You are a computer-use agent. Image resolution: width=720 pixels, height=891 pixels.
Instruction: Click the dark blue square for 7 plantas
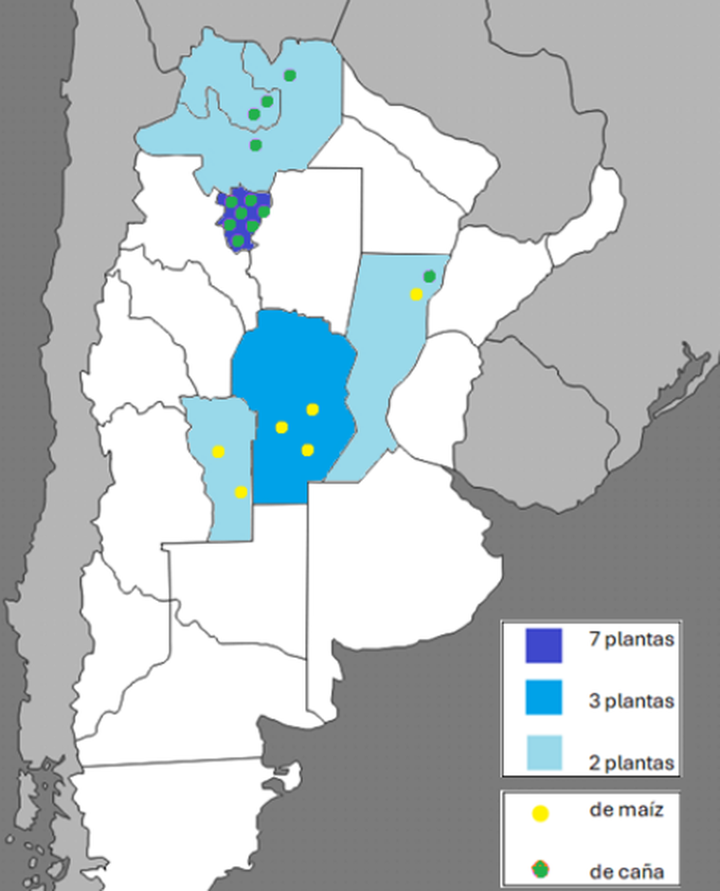tap(544, 646)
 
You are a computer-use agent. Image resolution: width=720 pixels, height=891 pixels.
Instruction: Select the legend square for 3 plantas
tap(544, 698)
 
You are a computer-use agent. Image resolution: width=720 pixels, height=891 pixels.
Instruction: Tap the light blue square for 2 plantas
tap(544, 753)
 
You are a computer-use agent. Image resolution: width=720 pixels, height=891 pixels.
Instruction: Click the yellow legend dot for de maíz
tap(541, 813)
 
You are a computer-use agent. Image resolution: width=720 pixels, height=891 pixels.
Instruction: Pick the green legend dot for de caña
tap(541, 868)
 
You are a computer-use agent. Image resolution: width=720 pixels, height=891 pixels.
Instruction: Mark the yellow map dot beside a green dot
tap(416, 295)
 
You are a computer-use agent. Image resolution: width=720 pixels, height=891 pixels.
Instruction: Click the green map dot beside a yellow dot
tap(429, 276)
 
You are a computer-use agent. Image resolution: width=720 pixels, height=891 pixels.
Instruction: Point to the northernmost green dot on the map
tap(290, 75)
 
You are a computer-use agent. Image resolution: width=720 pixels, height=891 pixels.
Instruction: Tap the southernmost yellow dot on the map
tap(241, 492)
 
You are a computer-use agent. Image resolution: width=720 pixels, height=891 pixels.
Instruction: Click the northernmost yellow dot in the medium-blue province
tap(313, 409)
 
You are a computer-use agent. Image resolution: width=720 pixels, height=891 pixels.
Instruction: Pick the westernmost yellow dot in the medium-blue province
tap(281, 427)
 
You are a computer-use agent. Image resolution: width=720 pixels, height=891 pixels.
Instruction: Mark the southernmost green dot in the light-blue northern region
tap(256, 145)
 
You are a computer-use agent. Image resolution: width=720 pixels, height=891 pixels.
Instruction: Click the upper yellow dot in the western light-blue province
tap(219, 451)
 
